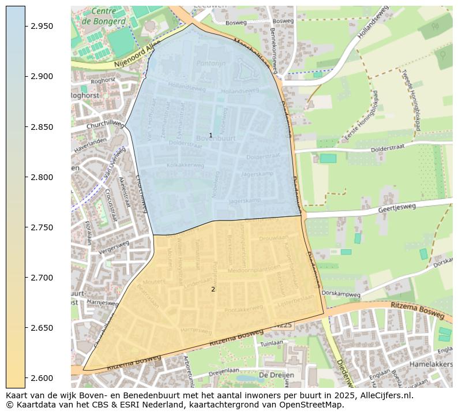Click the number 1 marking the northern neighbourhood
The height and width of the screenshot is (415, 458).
click(211, 135)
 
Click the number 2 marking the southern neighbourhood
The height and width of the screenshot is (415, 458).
click(213, 289)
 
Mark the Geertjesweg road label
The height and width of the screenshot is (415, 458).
click(397, 209)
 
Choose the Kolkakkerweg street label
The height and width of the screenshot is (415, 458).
click(186, 165)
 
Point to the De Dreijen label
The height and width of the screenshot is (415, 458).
click(276, 375)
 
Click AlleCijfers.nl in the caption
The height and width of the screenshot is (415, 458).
click(384, 396)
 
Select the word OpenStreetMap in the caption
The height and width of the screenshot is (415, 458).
click(314, 405)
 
